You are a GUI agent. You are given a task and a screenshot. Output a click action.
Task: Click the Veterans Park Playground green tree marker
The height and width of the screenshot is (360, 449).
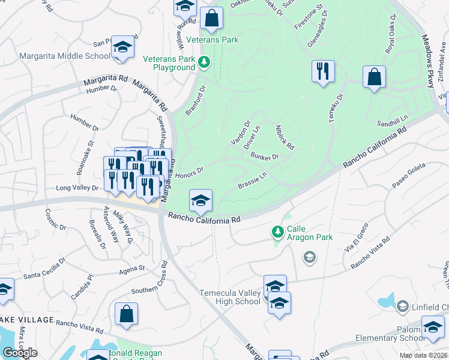pyautogui.click(x=205, y=62)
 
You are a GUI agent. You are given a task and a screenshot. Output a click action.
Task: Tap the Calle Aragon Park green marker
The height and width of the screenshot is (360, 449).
pyautogui.click(x=277, y=231)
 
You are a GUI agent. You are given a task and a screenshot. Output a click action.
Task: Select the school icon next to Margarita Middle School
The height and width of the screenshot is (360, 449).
pyautogui.click(x=123, y=47)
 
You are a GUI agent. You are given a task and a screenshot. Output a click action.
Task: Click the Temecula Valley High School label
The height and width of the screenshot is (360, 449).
pyautogui.click(x=230, y=296)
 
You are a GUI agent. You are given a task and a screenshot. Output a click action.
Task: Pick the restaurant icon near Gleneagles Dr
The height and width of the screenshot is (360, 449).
pyautogui.click(x=323, y=71)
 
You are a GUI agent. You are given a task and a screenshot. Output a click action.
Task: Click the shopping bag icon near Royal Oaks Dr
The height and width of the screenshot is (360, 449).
pyautogui.click(x=374, y=77)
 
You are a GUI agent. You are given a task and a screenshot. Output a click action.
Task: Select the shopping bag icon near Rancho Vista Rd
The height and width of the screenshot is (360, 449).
pyautogui.click(x=127, y=314)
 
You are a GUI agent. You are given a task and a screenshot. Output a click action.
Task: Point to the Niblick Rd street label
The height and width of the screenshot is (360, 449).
pyautogui.click(x=284, y=137)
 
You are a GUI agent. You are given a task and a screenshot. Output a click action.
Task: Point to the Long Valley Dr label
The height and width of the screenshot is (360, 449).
pyautogui.click(x=77, y=188)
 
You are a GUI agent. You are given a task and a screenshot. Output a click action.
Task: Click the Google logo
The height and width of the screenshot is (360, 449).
pyautogui.click(x=20, y=353)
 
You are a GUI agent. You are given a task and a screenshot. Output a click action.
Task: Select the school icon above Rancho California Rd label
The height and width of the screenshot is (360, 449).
pyautogui.click(x=200, y=200)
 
